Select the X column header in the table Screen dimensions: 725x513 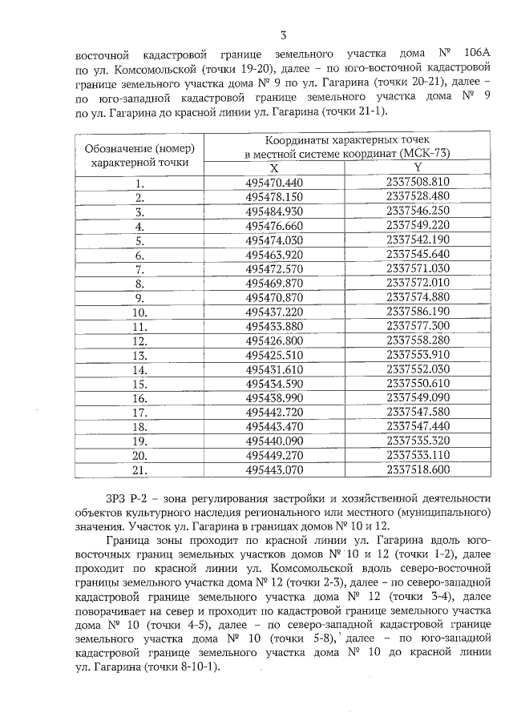[274, 167]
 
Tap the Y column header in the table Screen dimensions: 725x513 [418, 167]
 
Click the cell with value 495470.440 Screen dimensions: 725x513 [274, 182]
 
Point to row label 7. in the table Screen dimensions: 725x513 [139, 268]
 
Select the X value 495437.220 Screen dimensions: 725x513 [274, 312]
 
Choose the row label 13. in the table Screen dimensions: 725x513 [139, 355]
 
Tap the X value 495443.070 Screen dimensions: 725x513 [274, 469]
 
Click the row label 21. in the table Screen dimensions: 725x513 [139, 470]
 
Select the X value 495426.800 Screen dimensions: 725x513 [274, 340]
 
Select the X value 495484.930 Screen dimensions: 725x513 [274, 211]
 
